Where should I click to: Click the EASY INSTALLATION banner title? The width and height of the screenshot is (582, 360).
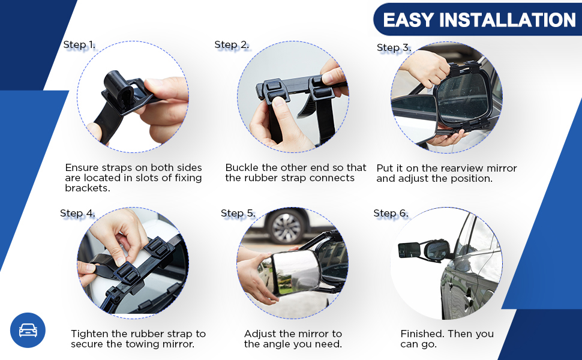click(479, 20)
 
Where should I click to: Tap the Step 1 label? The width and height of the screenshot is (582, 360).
click(79, 45)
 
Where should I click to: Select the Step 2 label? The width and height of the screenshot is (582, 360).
click(232, 45)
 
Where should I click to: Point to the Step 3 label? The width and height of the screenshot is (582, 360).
click(394, 48)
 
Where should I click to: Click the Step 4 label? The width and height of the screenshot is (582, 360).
click(77, 214)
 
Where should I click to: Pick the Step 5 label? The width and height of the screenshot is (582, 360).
click(238, 214)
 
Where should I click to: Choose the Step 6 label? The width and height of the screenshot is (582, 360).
click(391, 214)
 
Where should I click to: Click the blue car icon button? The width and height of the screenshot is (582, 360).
click(28, 331)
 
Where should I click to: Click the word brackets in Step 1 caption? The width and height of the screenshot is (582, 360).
click(88, 188)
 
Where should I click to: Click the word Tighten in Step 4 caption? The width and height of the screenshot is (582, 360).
click(89, 334)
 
